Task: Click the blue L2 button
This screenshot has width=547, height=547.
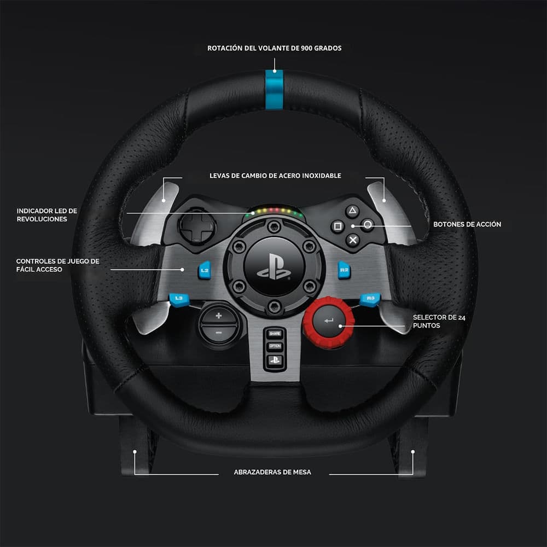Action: [205, 270]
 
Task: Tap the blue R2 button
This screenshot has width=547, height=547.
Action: [344, 270]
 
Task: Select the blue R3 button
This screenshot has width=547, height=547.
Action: [370, 299]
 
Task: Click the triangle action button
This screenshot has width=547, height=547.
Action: [352, 211]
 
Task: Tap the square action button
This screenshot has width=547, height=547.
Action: [337, 226]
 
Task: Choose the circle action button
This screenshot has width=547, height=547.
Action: [368, 225]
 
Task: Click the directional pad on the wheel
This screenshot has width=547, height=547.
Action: [197, 227]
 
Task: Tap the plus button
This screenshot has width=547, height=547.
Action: [219, 316]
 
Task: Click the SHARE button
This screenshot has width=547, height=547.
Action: [275, 334]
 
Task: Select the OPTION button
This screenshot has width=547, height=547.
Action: [275, 346]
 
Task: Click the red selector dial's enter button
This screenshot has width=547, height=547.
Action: [328, 321]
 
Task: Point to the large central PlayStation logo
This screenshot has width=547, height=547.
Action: [274, 267]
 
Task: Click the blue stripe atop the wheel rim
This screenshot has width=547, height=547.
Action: [274, 89]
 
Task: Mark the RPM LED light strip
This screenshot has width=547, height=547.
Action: [274, 211]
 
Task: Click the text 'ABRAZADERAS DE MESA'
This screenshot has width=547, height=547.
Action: [272, 473]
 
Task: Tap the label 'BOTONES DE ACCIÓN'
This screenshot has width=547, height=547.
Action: [467, 224]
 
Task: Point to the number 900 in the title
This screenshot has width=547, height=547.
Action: [307, 48]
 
